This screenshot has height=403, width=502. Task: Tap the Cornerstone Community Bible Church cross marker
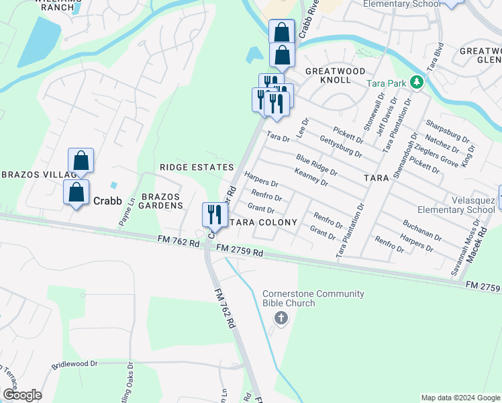(282, 318)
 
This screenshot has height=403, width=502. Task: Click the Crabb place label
(107, 200)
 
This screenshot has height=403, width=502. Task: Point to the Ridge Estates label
(197, 167)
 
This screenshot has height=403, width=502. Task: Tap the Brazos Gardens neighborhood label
(161, 201)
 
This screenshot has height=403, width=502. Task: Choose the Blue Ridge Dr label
(316, 165)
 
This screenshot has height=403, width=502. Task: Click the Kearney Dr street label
(311, 177)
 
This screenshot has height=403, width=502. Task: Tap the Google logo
(21, 395)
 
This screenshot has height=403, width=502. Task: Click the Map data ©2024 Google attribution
(460, 398)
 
